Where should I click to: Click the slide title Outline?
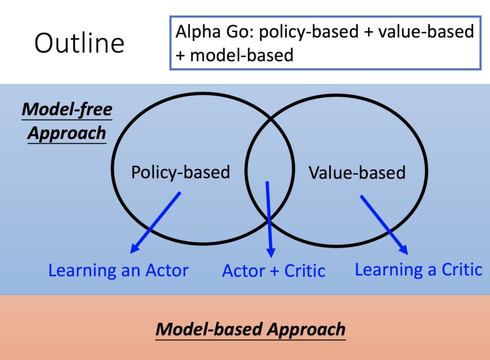pos(79,43)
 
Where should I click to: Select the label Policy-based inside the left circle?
pos(180,172)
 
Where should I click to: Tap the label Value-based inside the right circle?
pos(357,172)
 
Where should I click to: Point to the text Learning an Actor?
pos(118,270)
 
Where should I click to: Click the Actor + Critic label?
pos(273,271)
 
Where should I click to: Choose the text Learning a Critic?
pos(418,269)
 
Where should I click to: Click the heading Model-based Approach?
pos(250,329)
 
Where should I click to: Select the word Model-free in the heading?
pos(67,109)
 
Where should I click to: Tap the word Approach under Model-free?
pos(67,133)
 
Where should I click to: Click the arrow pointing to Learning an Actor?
pos(156,222)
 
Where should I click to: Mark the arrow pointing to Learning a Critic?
pos(384,224)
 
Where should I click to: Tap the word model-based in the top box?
pos(242,55)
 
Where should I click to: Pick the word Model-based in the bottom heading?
pos(209,329)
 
